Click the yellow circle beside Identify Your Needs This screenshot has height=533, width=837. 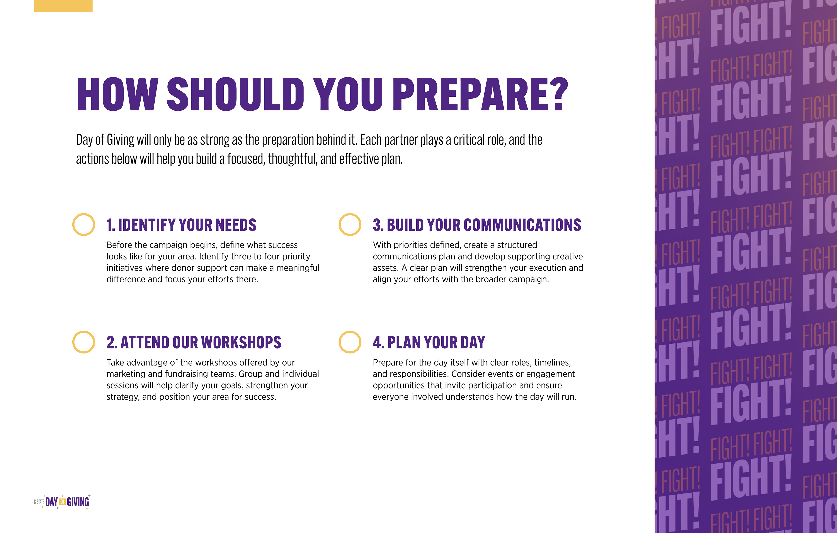(x=73, y=225)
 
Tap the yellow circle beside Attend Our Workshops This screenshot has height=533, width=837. (x=73, y=342)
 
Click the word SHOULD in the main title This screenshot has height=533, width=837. (x=236, y=94)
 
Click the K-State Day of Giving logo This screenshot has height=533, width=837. (x=62, y=502)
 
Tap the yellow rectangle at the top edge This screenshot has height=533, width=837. (x=63, y=6)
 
